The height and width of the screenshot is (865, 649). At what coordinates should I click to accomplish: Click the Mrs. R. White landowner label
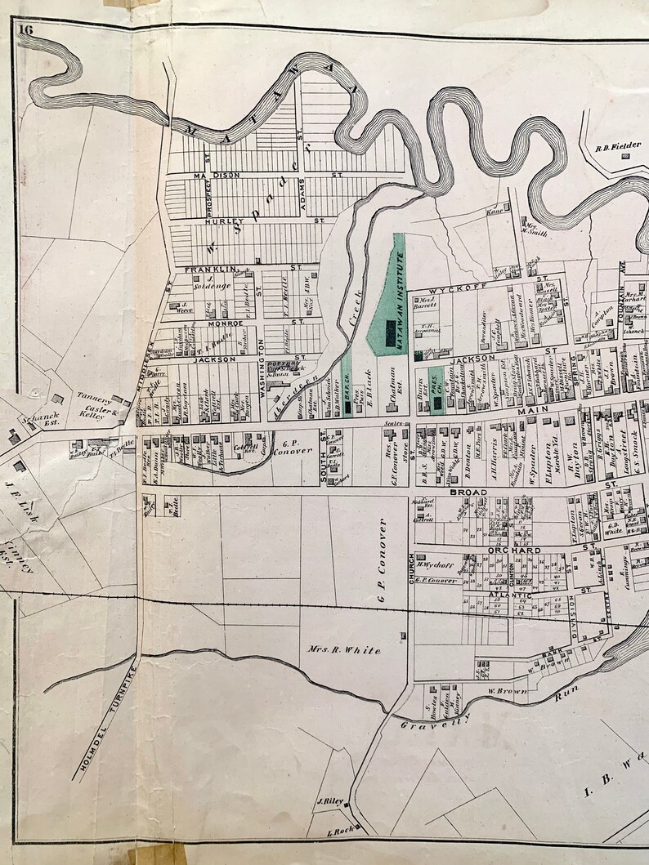[x=343, y=650]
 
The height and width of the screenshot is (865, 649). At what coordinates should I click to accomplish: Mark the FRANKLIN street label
[x=205, y=269]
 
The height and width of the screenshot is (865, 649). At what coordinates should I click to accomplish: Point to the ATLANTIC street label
[x=511, y=595]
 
